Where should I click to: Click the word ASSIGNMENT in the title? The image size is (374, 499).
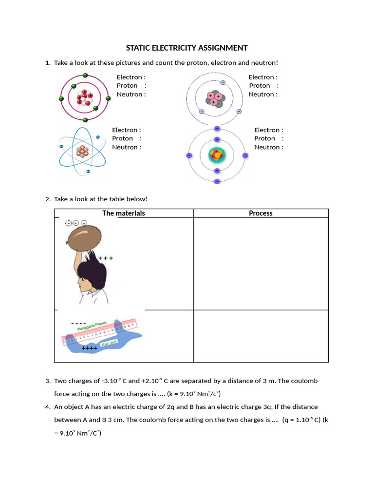[x=224, y=48]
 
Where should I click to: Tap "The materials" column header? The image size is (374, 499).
[x=124, y=213]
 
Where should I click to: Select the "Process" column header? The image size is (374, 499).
[x=261, y=213]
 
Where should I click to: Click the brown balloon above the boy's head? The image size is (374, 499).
[x=85, y=239]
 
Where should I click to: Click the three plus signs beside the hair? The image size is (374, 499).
[x=106, y=258]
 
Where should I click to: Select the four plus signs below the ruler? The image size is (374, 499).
[x=90, y=348]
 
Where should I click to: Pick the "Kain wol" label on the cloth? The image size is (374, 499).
[x=108, y=344]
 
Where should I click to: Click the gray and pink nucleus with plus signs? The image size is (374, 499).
[x=215, y=99]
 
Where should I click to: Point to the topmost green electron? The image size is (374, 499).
[x=85, y=75]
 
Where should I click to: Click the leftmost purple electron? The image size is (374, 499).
[x=189, y=155]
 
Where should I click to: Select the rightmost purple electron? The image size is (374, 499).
[x=245, y=155]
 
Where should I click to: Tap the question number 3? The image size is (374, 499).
[x=48, y=381]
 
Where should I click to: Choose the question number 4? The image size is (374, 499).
[x=48, y=407]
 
